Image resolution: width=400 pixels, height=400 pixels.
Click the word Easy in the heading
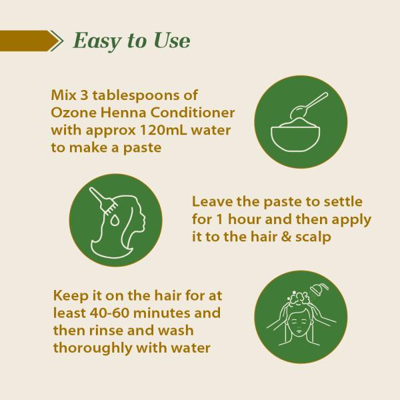97,41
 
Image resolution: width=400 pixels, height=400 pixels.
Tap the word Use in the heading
172,40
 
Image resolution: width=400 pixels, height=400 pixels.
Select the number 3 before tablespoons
84,95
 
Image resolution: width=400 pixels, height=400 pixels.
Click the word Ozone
74,113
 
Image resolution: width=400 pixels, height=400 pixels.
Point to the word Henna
123,113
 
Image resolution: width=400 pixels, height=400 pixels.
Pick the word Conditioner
192,113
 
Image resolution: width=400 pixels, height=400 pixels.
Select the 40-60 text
109,313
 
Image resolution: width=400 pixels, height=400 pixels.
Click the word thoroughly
93,349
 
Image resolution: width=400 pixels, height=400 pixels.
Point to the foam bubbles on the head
299,298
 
